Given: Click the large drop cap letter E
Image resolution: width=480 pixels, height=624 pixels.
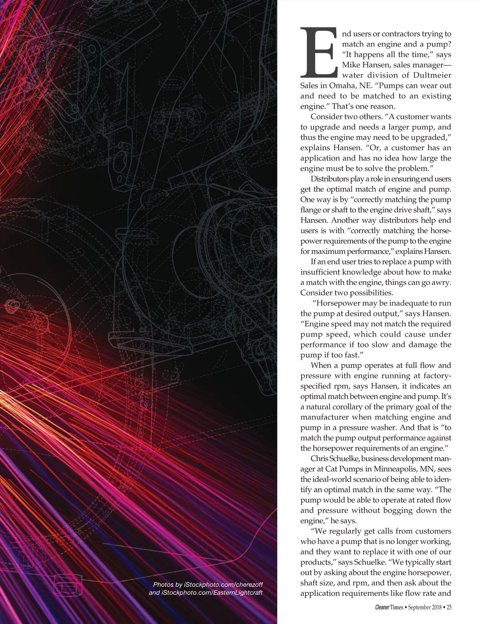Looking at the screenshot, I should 318,52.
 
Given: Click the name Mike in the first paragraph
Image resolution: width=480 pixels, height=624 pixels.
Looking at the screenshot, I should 352,65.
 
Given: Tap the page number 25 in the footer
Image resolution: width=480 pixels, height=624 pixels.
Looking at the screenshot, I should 449,608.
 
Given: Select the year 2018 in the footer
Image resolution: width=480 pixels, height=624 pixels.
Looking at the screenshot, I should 434,608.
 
